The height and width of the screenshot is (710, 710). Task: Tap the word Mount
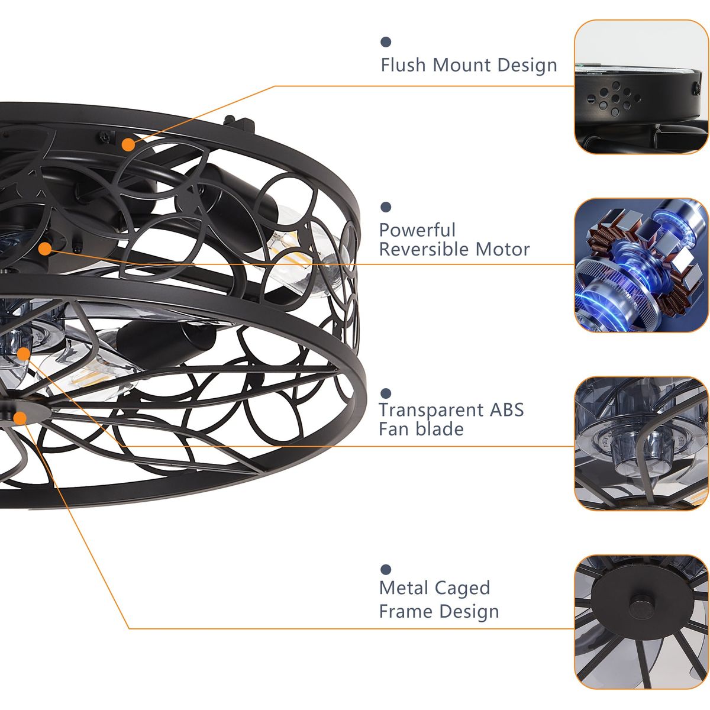pos(461,65)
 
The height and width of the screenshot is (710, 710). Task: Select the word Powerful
pos(417,231)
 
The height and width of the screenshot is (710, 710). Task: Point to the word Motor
pos(502,250)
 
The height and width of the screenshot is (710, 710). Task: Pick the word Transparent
pos(431,409)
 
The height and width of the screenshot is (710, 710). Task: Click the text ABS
pos(506,409)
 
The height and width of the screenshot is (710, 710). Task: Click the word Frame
pos(406,612)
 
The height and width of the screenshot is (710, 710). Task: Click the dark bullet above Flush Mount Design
pos(386,42)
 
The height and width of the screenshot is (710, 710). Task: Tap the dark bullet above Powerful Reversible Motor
pos(386,207)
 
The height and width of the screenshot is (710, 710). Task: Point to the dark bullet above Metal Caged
pos(386,569)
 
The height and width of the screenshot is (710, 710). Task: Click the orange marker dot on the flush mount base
pos(128,145)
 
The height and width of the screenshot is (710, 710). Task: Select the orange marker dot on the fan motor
pos(45,249)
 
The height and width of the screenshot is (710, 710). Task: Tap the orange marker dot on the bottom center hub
pos(20,418)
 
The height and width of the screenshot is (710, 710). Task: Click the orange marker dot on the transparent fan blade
pos(24,354)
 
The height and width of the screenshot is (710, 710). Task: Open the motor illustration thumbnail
pos(641,265)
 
